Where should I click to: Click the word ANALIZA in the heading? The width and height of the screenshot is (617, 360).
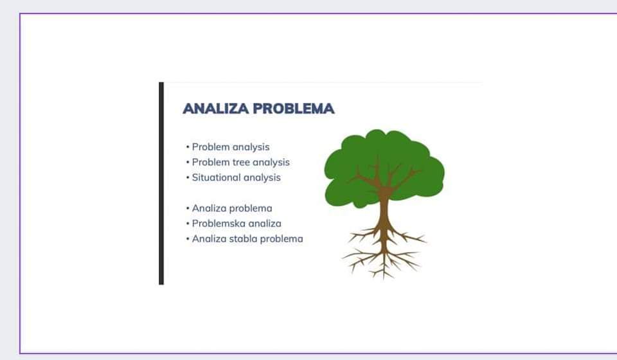216,109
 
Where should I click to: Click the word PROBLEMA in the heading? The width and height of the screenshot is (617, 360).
294,109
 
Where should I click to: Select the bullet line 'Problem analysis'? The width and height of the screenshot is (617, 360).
231,147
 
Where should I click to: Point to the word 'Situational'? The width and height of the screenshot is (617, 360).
216,177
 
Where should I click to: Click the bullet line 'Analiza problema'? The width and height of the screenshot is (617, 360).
232,208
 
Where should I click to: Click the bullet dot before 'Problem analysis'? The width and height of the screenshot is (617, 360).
188,147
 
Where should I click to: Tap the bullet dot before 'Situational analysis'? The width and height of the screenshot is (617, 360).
188,178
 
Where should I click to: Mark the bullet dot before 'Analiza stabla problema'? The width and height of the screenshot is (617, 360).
188,239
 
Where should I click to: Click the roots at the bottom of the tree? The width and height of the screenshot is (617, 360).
384,254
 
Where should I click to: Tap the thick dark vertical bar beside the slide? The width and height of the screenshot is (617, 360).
161,183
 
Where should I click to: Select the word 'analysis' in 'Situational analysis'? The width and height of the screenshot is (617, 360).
262,178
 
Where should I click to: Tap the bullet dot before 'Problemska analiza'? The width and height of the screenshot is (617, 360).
188,224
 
